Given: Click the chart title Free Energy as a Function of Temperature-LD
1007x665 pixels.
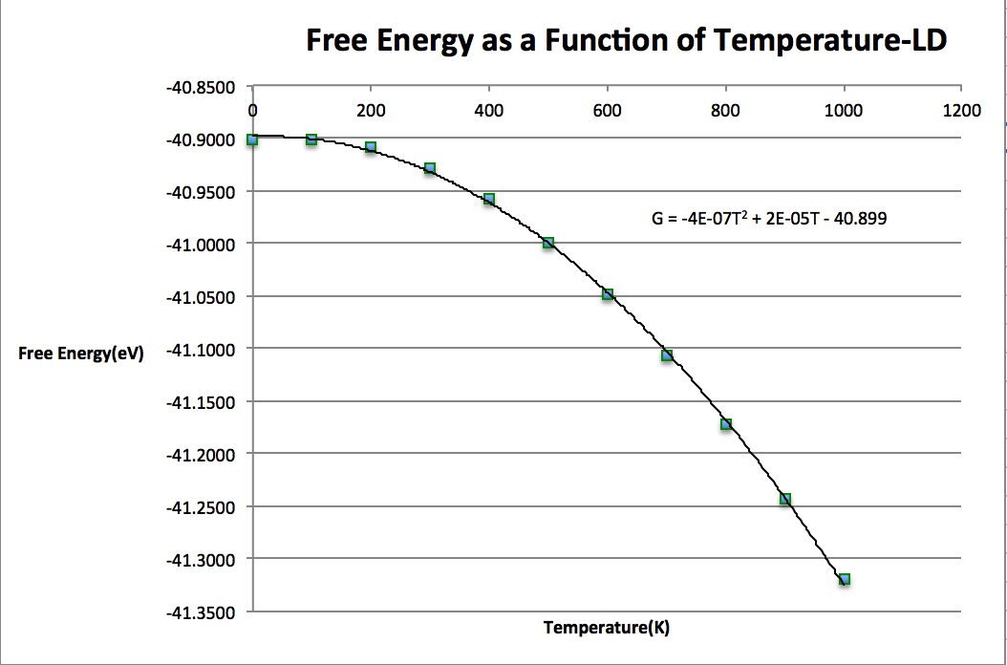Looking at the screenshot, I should click(626, 40).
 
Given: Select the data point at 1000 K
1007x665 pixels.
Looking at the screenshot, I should click(845, 579).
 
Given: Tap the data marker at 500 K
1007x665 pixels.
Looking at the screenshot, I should click(548, 243).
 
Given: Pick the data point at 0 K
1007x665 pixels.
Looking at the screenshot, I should click(252, 139).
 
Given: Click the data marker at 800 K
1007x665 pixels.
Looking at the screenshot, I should click(726, 424).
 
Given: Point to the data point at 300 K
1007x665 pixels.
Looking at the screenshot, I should click(430, 168).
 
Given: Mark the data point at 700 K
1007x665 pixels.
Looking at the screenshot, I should click(667, 355).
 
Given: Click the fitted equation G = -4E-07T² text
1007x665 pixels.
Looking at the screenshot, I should click(769, 219).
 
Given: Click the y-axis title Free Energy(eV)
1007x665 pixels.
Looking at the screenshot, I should click(80, 354).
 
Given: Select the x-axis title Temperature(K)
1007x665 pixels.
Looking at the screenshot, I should click(607, 628).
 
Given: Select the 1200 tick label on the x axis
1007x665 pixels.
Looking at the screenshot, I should click(961, 110).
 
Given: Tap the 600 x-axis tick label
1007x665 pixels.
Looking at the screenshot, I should click(608, 110).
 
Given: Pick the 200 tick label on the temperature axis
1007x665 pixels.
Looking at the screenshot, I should click(371, 110).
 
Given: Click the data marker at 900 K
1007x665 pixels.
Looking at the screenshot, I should click(785, 499).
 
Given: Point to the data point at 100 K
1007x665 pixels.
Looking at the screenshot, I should click(311, 139).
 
